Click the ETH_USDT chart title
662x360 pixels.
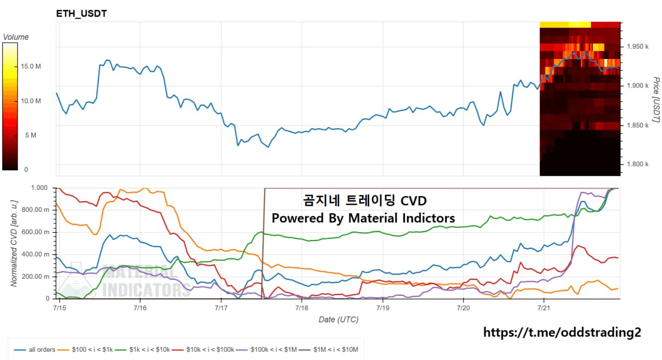(82, 13)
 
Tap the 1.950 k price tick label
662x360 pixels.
(638, 47)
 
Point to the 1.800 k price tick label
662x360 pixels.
(638, 164)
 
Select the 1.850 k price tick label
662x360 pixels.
(638, 125)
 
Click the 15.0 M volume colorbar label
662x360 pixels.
(31, 66)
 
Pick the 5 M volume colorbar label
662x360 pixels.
(31, 135)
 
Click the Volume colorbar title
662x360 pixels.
(16, 37)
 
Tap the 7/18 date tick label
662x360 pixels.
(302, 308)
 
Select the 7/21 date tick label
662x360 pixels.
(544, 308)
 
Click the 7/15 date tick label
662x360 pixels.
(59, 308)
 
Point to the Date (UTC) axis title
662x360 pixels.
(338, 320)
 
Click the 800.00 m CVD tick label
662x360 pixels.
(36, 210)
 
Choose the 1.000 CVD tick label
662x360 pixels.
(39, 188)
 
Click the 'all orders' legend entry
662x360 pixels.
(35, 350)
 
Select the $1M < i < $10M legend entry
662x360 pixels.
(328, 350)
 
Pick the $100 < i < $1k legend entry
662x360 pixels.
(85, 350)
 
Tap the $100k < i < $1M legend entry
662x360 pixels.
(266, 350)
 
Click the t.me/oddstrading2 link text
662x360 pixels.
(562, 332)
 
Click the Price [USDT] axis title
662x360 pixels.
(656, 99)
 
